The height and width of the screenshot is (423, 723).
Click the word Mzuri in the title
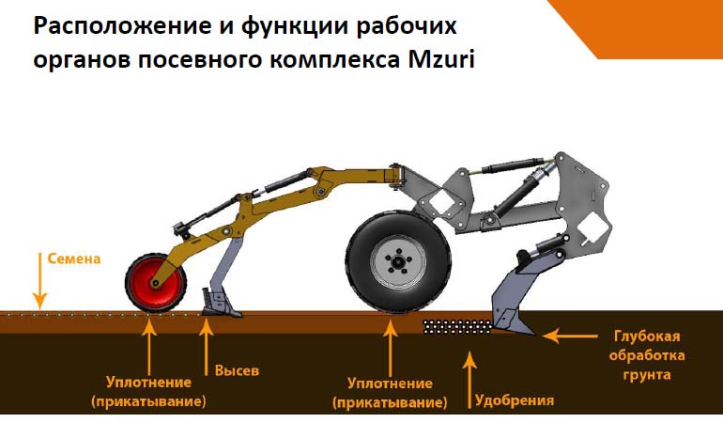click(441, 59)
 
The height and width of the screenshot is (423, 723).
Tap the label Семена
click(74, 258)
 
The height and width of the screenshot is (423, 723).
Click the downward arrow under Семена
click(39, 280)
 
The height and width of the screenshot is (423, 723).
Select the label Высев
click(237, 370)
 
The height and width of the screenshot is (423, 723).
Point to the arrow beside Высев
click(206, 347)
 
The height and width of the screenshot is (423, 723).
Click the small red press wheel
click(156, 282)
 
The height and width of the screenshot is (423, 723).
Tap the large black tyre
click(398, 262)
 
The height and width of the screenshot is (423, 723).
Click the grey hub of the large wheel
click(398, 262)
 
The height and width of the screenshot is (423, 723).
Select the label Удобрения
click(515, 399)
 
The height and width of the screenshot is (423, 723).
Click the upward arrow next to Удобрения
click(469, 380)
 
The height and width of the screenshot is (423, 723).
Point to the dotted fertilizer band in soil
click(457, 326)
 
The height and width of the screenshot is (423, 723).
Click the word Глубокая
click(647, 337)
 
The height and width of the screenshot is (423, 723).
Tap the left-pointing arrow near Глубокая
click(570, 336)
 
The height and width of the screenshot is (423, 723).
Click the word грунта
click(646, 374)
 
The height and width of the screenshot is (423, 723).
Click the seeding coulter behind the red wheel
click(223, 303)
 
